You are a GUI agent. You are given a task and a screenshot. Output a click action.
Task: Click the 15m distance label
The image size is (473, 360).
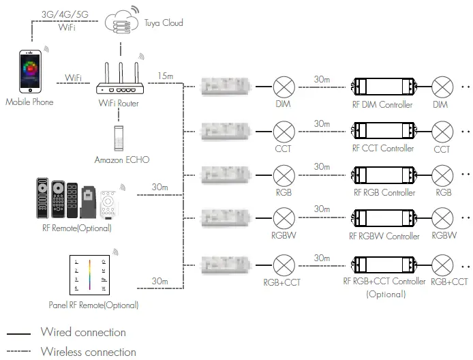tap(165, 75)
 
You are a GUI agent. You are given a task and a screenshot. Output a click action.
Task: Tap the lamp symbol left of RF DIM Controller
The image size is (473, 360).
tap(283, 87)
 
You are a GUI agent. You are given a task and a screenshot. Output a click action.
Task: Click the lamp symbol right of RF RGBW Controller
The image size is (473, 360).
tap(444, 219)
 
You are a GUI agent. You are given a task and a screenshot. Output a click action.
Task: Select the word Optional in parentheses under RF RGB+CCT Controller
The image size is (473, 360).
tap(385, 295)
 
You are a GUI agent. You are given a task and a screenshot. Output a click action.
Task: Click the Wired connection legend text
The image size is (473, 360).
tap(83, 333)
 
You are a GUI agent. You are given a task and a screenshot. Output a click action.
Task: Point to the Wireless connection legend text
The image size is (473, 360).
tap(88, 352)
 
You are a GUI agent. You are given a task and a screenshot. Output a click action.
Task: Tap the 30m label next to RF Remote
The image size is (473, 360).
tap(159, 187)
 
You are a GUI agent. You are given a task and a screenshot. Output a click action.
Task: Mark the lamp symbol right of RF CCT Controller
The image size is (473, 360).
tap(444, 131)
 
